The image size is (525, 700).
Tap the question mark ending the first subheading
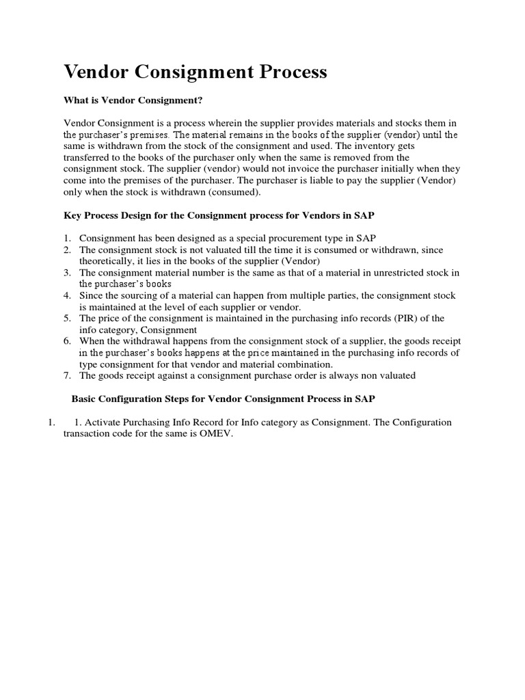[202, 100]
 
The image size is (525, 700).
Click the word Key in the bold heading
[72, 215]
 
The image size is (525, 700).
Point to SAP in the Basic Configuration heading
[364, 399]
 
